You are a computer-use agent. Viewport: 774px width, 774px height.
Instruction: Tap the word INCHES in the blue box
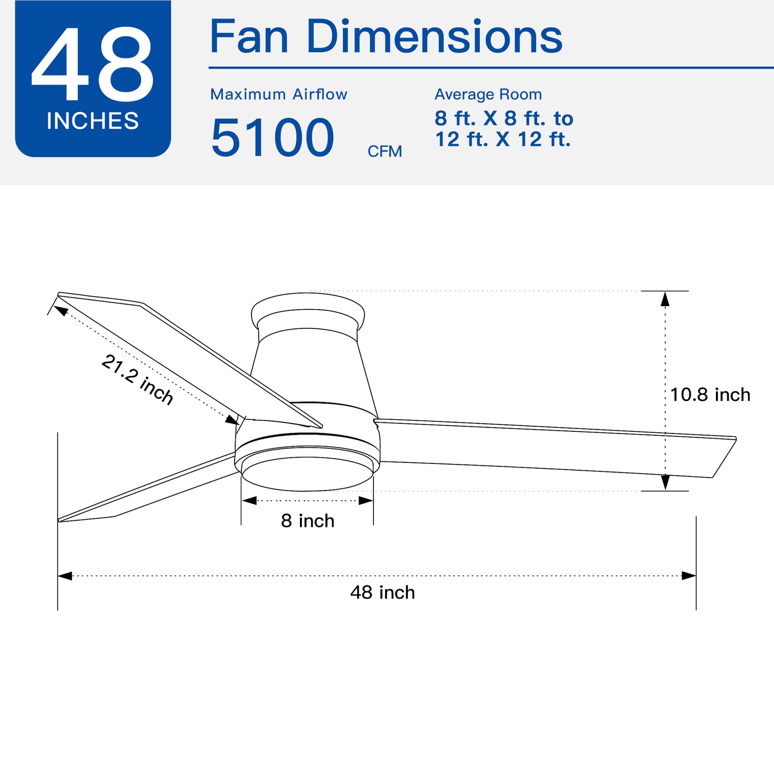(x=92, y=121)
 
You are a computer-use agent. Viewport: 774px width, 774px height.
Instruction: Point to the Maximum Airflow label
(x=279, y=94)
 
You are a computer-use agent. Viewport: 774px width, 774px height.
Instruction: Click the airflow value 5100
(x=272, y=138)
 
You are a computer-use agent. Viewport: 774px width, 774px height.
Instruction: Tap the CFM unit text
(x=385, y=151)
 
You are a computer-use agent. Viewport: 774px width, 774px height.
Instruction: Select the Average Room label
(x=488, y=94)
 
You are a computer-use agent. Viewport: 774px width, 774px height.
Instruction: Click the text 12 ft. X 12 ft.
(x=503, y=139)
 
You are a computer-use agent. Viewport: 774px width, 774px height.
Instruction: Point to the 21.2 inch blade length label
(x=137, y=380)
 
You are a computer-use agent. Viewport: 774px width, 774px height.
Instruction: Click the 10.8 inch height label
(x=710, y=395)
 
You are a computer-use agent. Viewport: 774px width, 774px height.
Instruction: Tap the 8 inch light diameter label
(x=308, y=521)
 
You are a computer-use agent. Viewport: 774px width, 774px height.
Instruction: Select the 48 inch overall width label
(x=382, y=593)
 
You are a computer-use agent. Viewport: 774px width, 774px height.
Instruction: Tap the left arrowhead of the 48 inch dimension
(x=65, y=576)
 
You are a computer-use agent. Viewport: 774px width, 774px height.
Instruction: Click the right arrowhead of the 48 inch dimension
(x=689, y=576)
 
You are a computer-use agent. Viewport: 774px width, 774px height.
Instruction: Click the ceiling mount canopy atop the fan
(x=308, y=310)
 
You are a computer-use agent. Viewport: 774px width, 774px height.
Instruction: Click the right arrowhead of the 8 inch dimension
(x=366, y=501)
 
